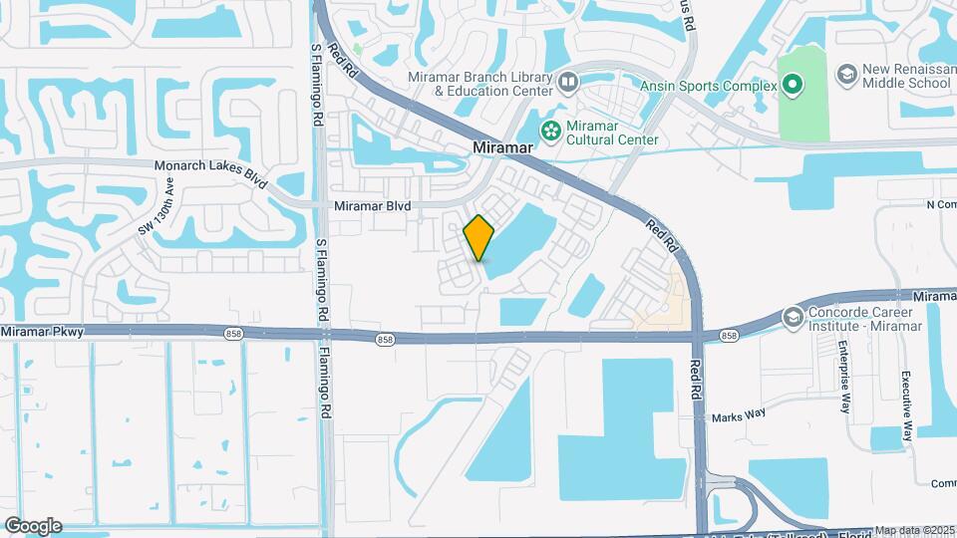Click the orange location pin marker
[479, 237]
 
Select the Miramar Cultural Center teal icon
[549, 131]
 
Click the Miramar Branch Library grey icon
[567, 81]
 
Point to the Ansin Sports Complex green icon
[793, 86]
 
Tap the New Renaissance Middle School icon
[846, 74]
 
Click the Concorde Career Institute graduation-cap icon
[793, 317]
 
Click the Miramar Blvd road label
[372, 205]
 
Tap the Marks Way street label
[738, 417]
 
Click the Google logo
[33, 526]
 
